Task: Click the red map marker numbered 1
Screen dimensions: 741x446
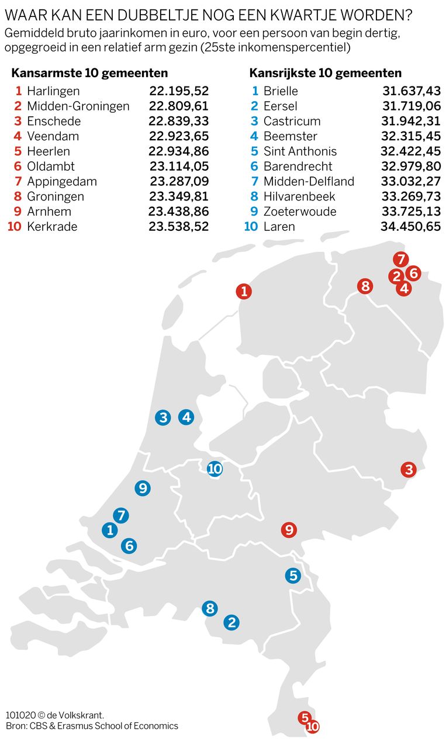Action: tap(244, 291)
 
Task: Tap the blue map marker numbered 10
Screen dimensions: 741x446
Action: tap(215, 469)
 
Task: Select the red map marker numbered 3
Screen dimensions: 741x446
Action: tap(409, 469)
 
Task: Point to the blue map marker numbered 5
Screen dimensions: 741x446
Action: tap(293, 576)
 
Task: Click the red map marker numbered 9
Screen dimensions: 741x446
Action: tap(289, 530)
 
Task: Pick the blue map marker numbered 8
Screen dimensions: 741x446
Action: tap(210, 608)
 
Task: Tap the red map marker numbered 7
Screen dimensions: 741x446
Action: tap(400, 259)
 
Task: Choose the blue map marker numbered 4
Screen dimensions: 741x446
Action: tap(186, 417)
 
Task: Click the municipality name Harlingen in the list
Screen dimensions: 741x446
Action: tap(53, 91)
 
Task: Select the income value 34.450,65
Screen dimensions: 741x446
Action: tap(410, 227)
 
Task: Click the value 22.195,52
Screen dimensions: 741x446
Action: tap(178, 91)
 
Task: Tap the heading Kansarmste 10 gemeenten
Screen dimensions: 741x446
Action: tap(90, 73)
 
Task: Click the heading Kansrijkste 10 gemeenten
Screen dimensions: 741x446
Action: tap(325, 73)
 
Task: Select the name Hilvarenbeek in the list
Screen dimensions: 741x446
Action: tap(299, 196)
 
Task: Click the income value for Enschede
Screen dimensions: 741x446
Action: tap(178, 122)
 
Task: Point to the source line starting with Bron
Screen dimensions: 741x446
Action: tap(92, 726)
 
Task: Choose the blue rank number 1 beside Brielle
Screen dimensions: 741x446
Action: tap(254, 91)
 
